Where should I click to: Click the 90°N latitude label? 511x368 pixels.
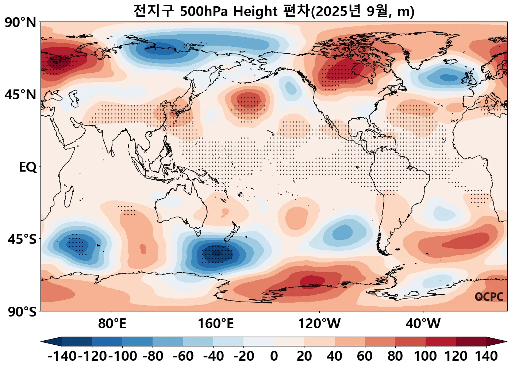[x=20, y=23]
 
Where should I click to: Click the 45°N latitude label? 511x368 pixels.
[x=20, y=95]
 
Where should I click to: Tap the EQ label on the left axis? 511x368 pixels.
[x=28, y=167]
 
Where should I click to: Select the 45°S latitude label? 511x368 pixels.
[x=22, y=239]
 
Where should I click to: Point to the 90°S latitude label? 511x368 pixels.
[x=22, y=312]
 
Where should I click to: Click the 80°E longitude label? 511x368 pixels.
[x=112, y=323]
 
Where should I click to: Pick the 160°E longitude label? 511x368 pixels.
[x=216, y=323]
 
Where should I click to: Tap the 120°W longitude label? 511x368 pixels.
[x=319, y=323]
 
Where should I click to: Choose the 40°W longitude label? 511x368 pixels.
[x=423, y=323]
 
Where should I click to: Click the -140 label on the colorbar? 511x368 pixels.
[x=62, y=356]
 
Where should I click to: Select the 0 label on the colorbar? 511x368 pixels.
[x=274, y=356]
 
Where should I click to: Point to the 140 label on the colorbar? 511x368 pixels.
[x=486, y=356]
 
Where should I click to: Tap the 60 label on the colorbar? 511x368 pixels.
[x=365, y=356]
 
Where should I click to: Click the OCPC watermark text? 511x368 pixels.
[x=489, y=297]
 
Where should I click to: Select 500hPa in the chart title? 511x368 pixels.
[x=204, y=12]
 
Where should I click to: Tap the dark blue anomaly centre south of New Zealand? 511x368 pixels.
[x=216, y=253]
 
